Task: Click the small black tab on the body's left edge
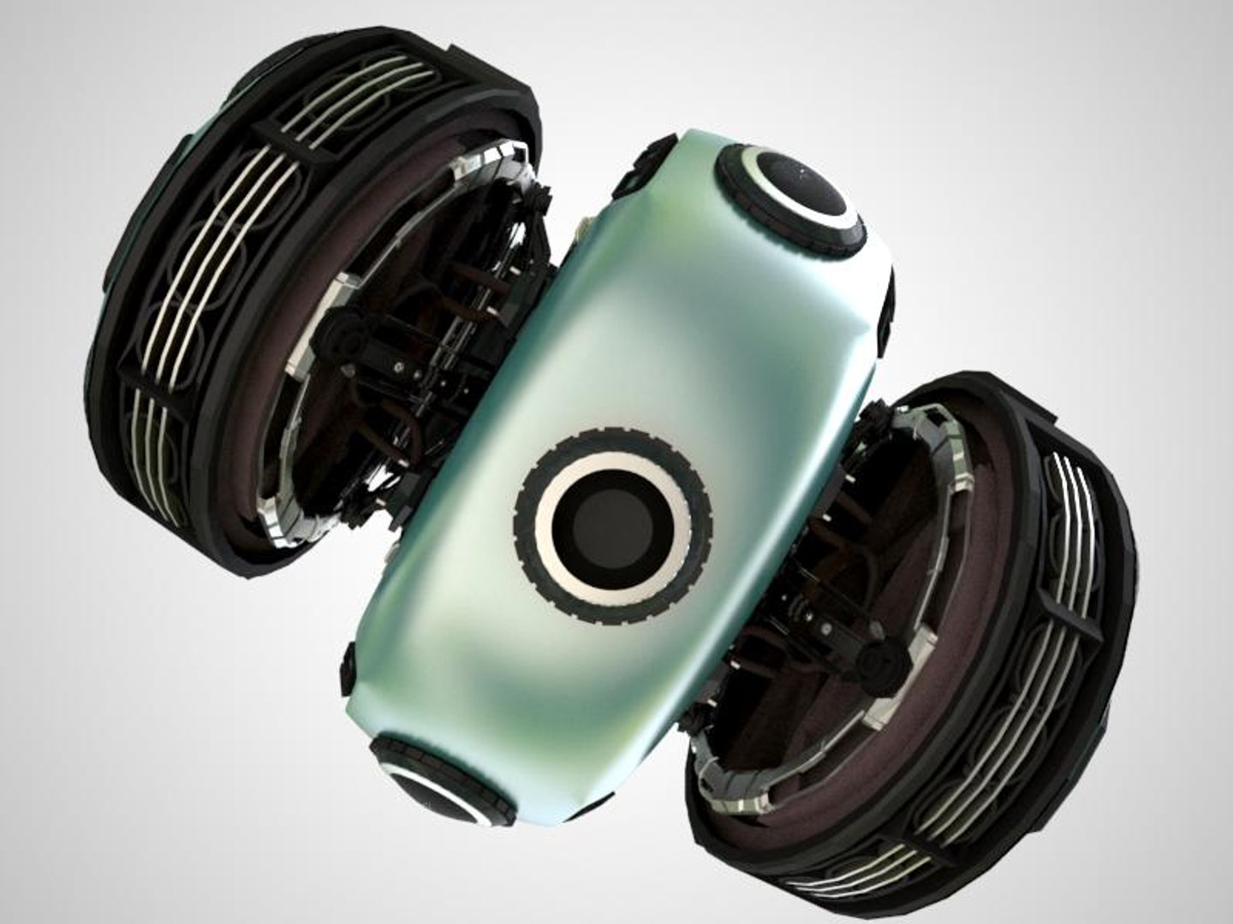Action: click(x=348, y=667)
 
